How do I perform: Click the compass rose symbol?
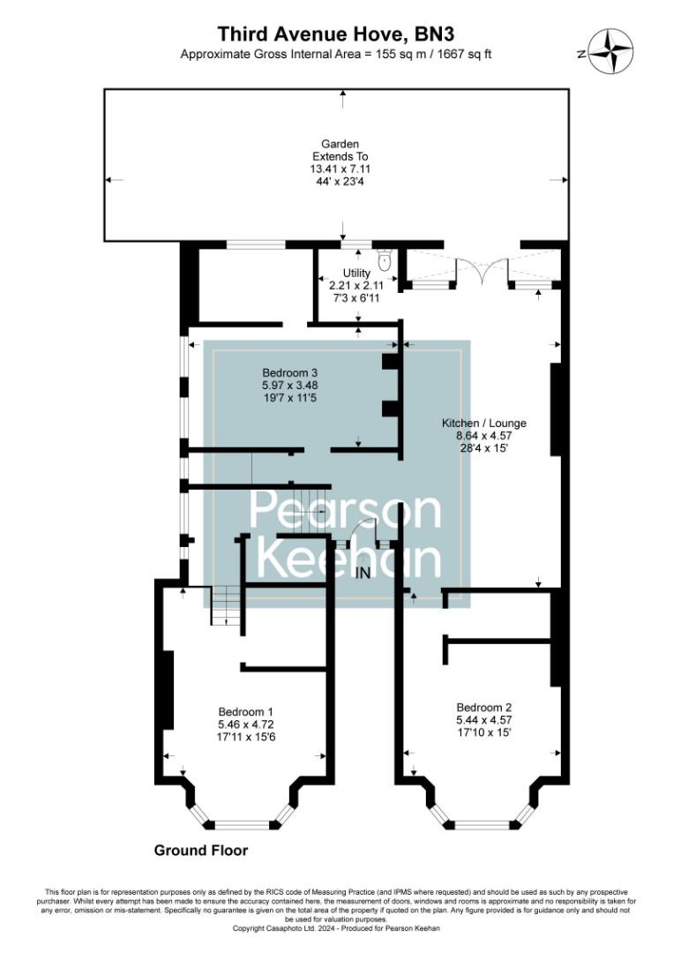pos(610,50)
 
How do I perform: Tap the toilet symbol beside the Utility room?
pos(384,259)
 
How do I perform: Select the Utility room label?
pos(356,274)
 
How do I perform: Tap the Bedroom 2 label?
pos(483,707)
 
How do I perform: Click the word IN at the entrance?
pos(363,573)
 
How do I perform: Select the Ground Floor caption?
pos(201,851)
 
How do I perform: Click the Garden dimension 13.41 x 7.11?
pos(340,168)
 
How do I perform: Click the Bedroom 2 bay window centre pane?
pos(482,825)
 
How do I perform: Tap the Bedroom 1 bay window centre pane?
pos(242,825)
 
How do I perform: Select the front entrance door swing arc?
pos(363,529)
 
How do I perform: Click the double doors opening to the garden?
pos(482,272)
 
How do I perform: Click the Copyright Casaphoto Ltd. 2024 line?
pos(336,928)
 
